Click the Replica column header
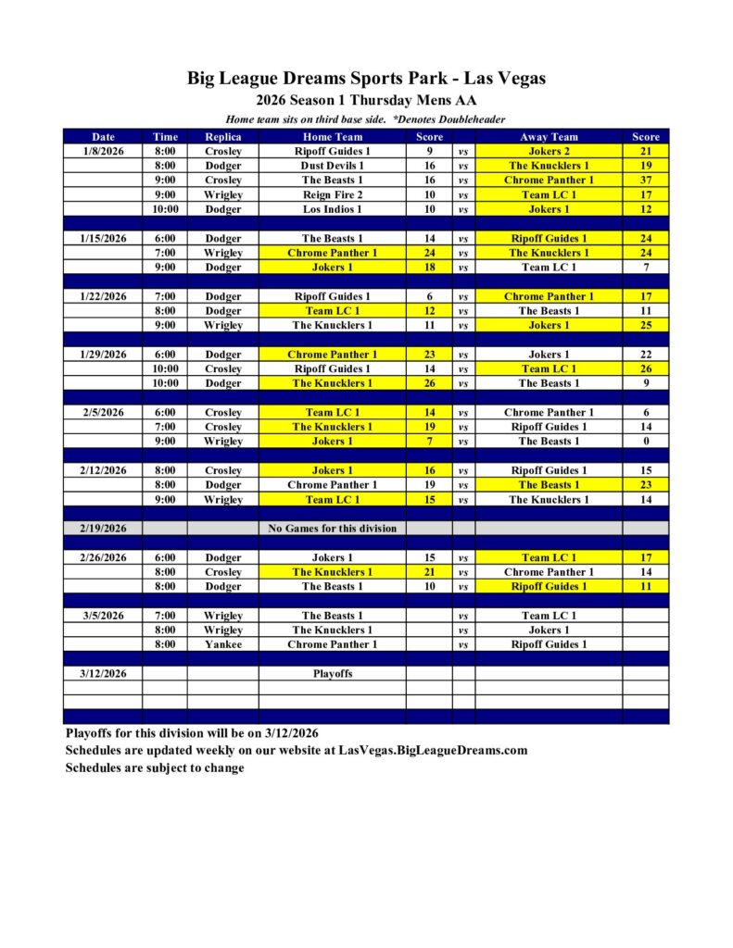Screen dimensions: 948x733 click(222, 136)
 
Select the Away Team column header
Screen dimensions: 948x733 click(549, 136)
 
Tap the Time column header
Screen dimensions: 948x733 click(165, 136)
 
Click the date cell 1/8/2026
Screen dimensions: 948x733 click(103, 151)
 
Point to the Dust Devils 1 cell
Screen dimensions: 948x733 click(332, 166)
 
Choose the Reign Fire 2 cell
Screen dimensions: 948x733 click(332, 194)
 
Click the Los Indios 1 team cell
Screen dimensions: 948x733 click(332, 209)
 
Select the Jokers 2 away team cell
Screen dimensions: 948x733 click(549, 151)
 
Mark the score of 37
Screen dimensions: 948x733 click(645, 180)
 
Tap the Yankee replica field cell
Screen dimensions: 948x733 click(222, 644)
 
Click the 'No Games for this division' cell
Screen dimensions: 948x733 click(332, 529)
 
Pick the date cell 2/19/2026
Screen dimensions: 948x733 click(103, 529)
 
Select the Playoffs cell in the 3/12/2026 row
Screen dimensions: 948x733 click(332, 674)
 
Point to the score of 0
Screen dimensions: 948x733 click(645, 441)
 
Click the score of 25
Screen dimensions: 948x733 click(645, 325)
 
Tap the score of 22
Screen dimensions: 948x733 click(645, 355)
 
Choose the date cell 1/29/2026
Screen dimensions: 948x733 click(103, 355)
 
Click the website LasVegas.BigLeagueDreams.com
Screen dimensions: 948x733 click(433, 750)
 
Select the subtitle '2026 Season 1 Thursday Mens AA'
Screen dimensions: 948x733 click(366, 100)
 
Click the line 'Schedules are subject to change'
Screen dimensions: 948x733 click(155, 767)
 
